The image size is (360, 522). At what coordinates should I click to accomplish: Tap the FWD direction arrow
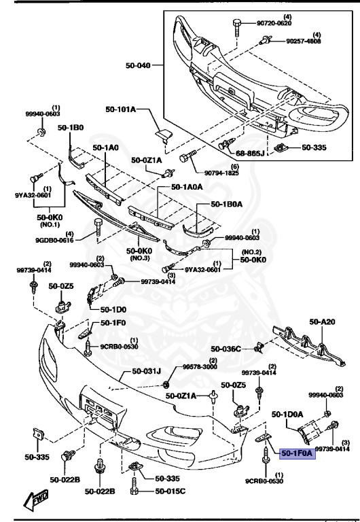coord(33,501)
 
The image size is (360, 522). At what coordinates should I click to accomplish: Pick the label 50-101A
coord(121,109)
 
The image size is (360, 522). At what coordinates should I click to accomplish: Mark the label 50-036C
coord(226,349)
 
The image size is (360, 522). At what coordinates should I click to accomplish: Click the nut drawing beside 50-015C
coord(136,491)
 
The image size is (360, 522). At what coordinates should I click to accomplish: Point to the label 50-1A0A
coord(187,186)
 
